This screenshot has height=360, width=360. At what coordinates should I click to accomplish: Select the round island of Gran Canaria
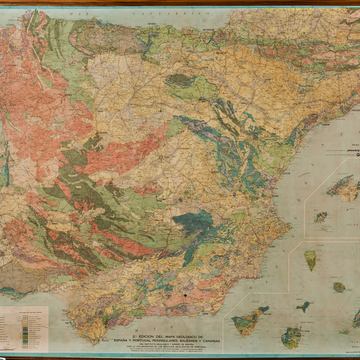coord(291,337)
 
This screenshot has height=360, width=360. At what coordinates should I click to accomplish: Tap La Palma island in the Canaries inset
coord(311,260)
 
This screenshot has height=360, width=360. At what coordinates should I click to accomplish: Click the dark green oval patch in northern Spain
coord(179,81)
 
